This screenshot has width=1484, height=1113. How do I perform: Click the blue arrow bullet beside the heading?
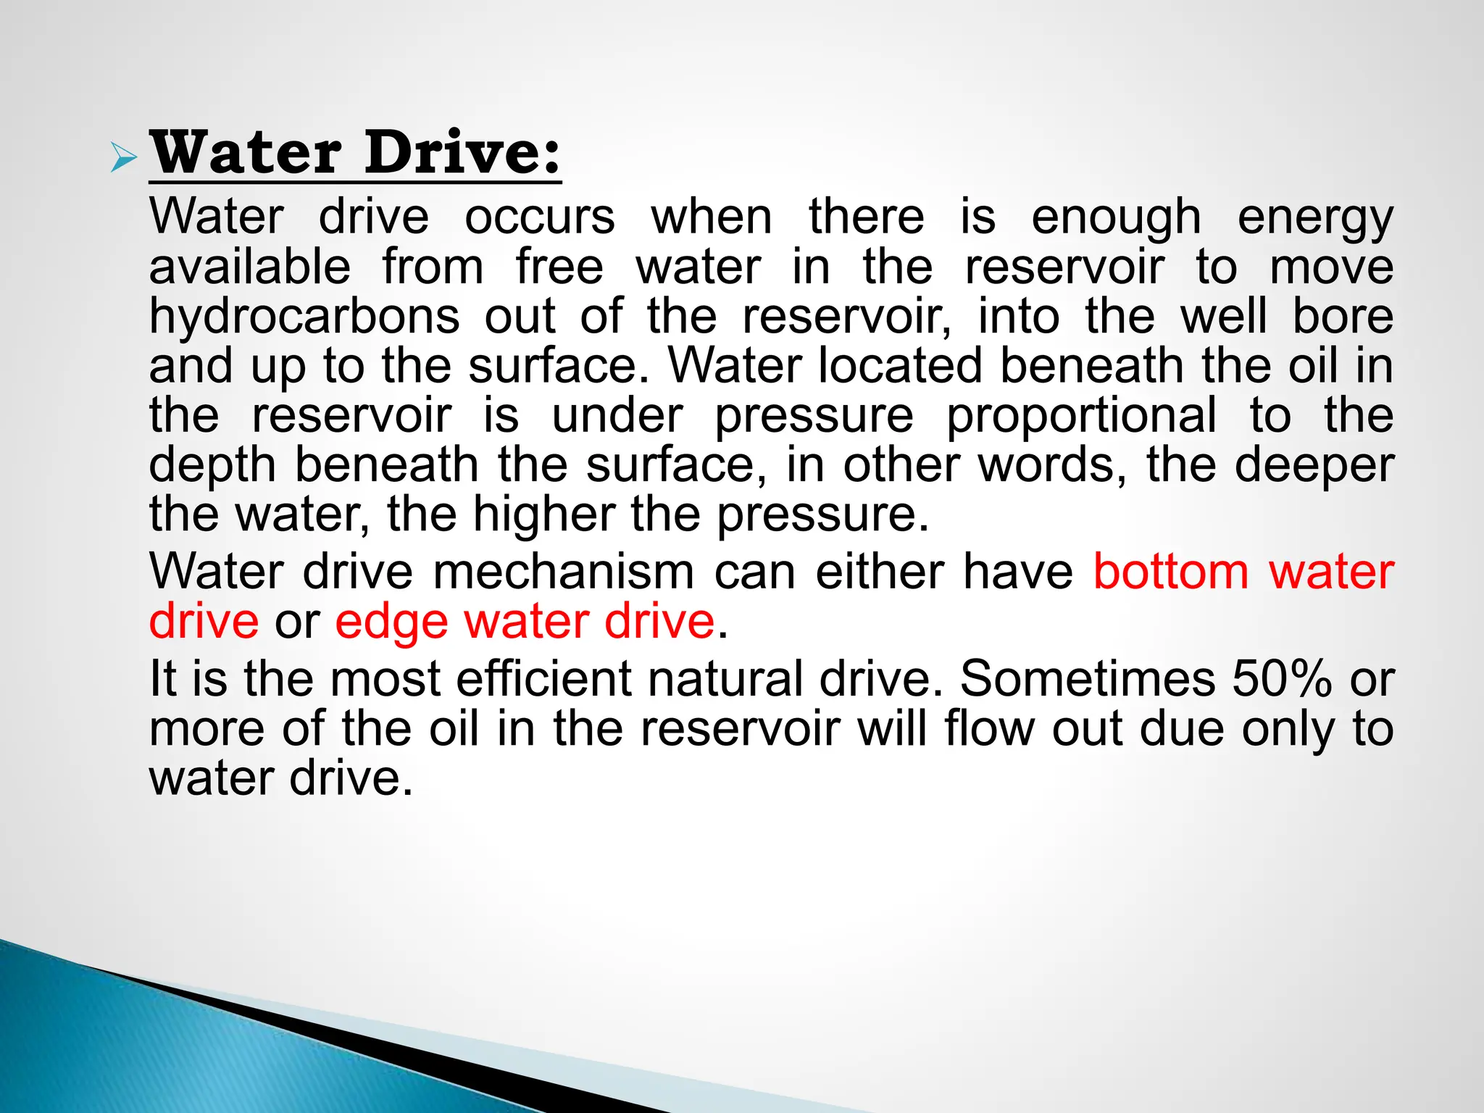(x=123, y=158)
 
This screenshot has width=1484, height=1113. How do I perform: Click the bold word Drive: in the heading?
(x=463, y=154)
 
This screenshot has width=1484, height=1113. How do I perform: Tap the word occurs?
(x=540, y=217)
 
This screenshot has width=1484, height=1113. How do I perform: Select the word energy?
(x=1315, y=218)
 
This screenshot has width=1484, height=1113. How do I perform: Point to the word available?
(x=250, y=267)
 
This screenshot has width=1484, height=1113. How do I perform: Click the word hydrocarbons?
(x=304, y=317)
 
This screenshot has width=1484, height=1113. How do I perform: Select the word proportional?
(x=1082, y=416)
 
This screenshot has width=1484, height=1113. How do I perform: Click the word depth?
(x=212, y=465)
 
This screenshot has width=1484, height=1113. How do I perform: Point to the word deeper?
(x=1314, y=465)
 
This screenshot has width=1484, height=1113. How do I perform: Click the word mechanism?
(x=564, y=572)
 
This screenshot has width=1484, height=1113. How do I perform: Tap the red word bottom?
(x=1171, y=572)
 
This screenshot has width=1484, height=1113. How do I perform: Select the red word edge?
(x=391, y=622)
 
